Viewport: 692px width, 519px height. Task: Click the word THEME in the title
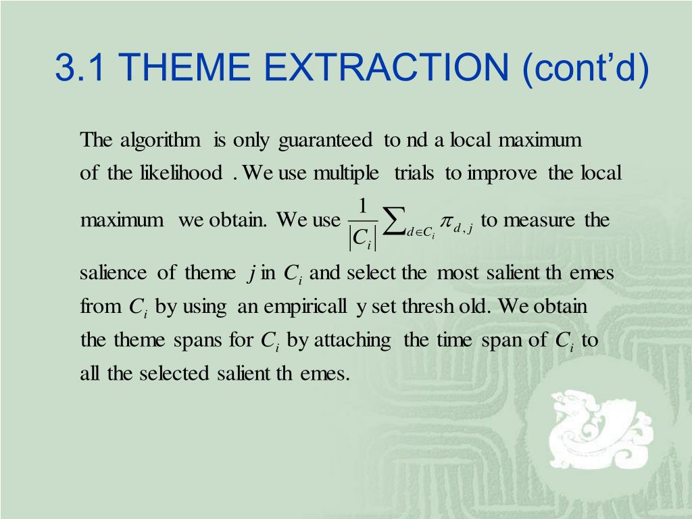184,67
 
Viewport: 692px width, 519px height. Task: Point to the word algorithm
160,141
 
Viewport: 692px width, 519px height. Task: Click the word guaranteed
326,141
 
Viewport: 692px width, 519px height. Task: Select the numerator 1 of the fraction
363,206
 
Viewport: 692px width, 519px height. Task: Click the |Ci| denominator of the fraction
363,239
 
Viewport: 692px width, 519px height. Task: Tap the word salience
113,272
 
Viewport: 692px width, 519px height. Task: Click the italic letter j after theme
251,274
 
